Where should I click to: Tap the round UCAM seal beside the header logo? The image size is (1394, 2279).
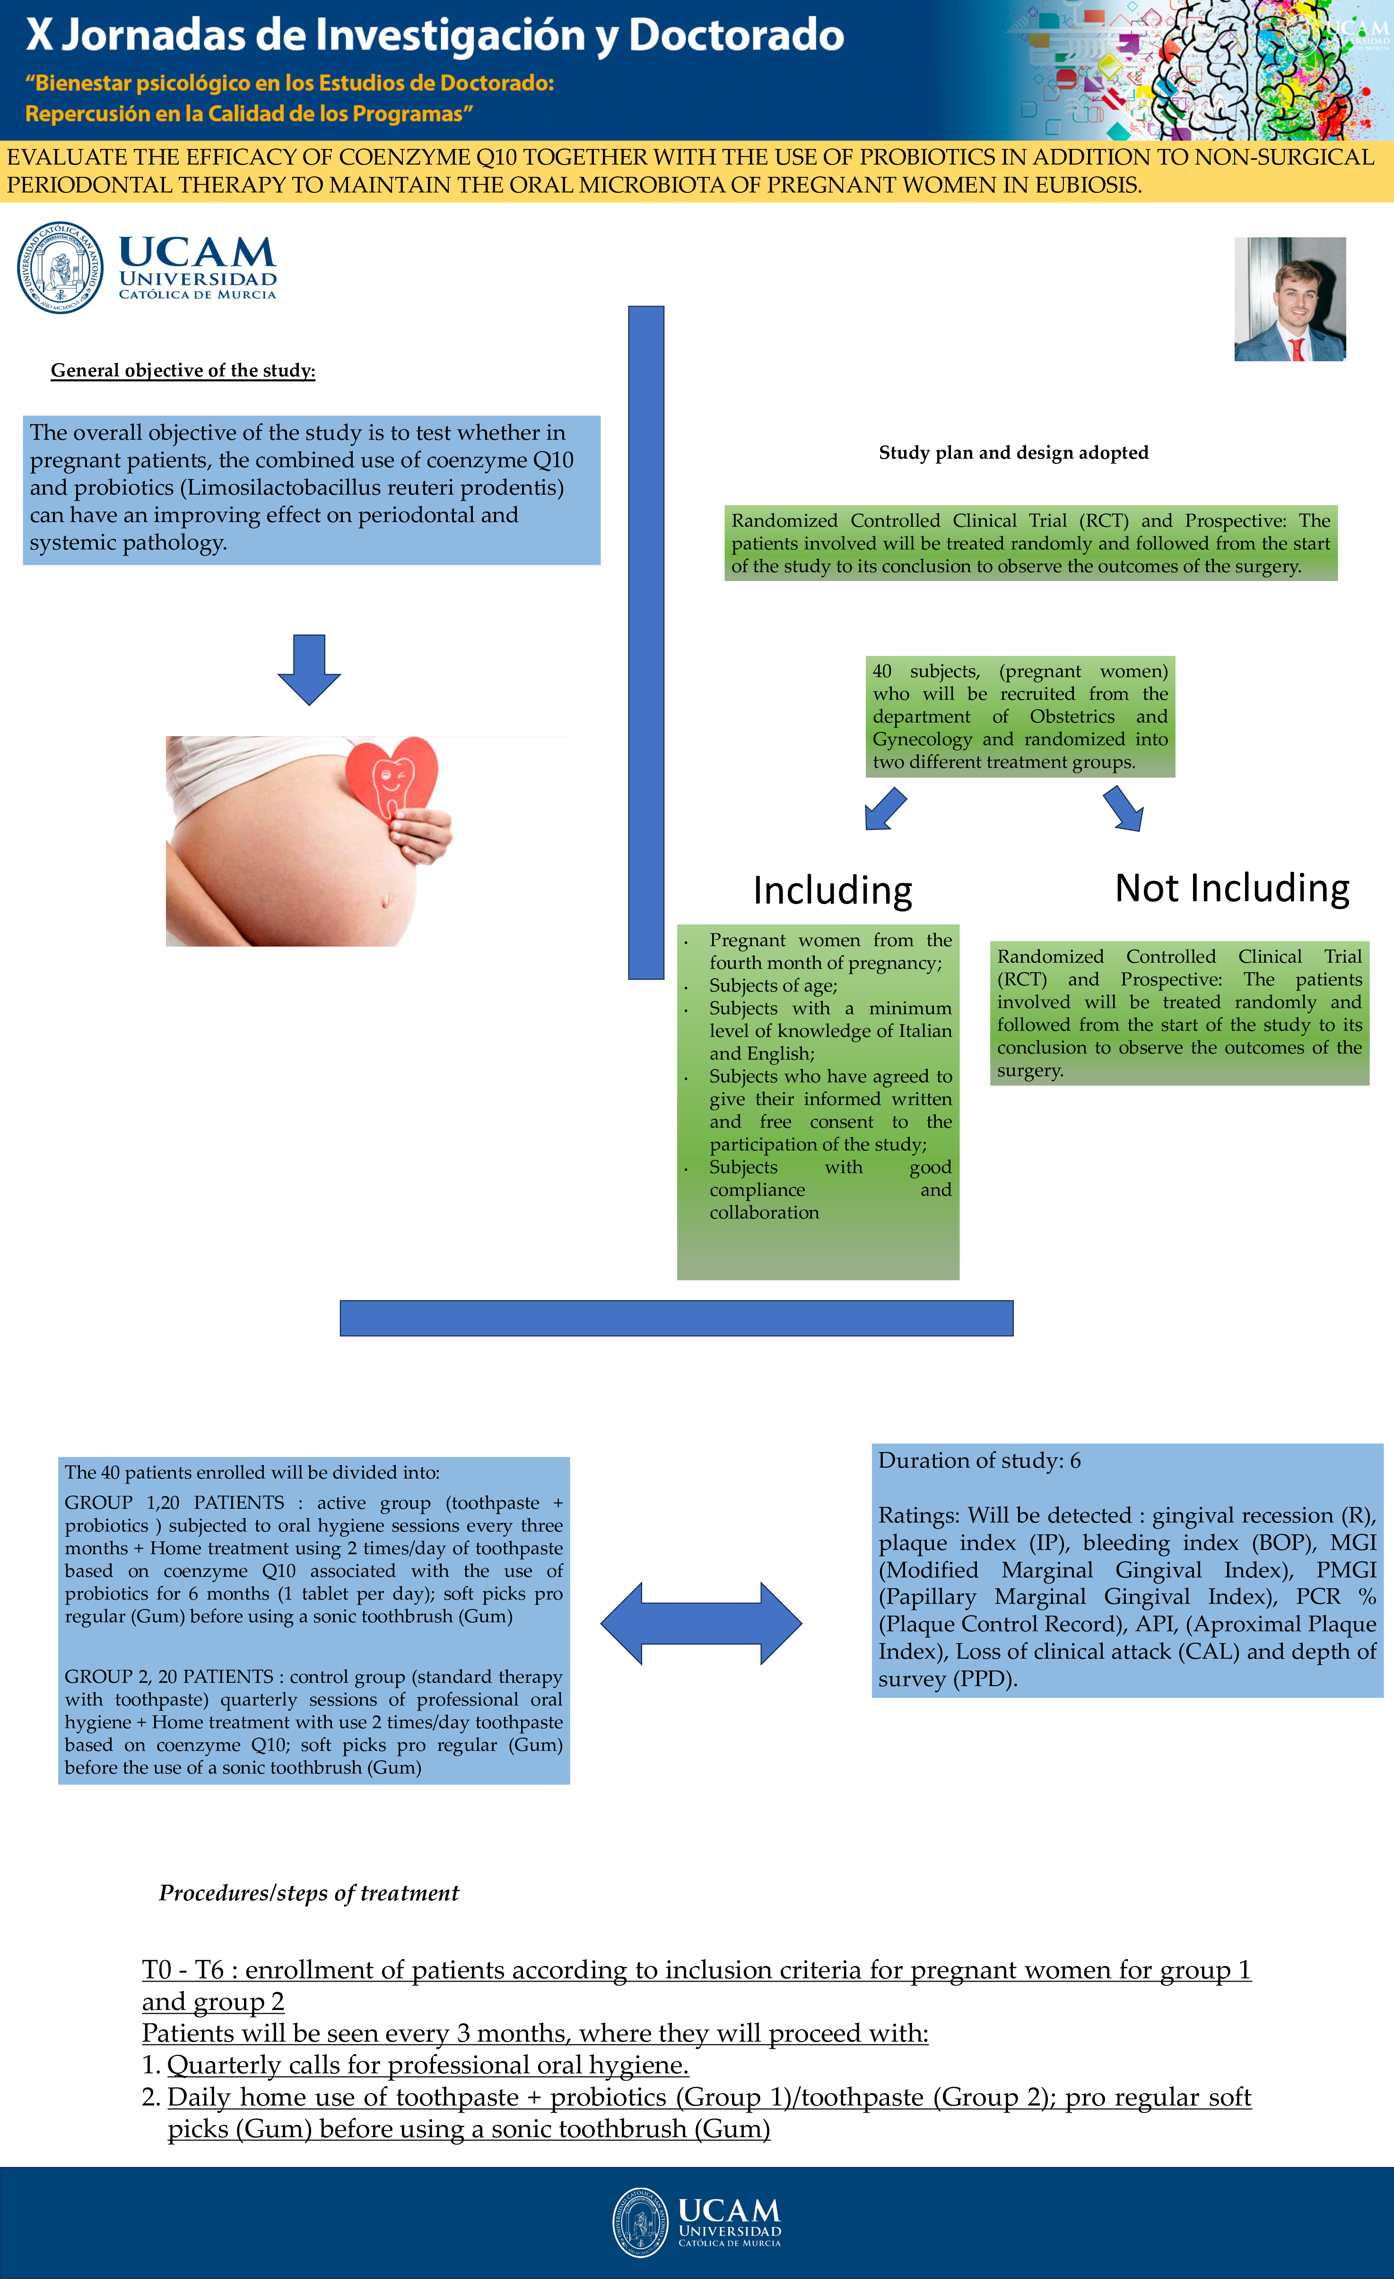pyautogui.click(x=60, y=267)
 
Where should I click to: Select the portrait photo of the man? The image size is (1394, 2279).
pyautogui.click(x=1289, y=299)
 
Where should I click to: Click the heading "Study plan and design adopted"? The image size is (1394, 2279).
pyautogui.click(x=1013, y=452)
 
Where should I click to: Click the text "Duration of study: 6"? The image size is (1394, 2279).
pyautogui.click(x=979, y=1461)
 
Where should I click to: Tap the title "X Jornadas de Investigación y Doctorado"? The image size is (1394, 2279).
pyautogui.click(x=435, y=35)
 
